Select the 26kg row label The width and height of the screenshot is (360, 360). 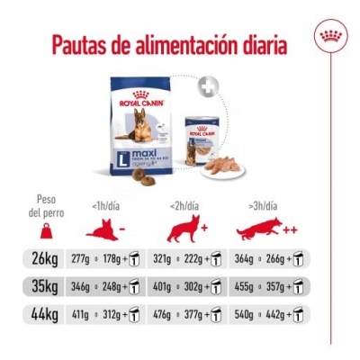44,260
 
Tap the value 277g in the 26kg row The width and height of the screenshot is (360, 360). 92,260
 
